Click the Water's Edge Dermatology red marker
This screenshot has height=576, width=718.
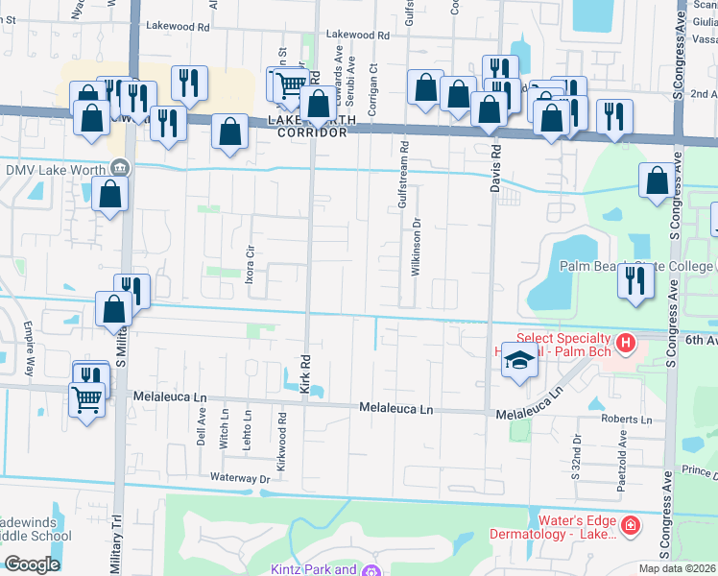click(630, 525)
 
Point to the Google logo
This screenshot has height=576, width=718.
click(32, 564)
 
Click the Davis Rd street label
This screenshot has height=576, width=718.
click(496, 167)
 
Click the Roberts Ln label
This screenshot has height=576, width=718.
click(626, 420)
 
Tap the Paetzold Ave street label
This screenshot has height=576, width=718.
click(622, 450)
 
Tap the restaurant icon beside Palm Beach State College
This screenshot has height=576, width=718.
click(635, 281)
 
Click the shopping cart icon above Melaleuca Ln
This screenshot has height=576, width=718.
click(86, 398)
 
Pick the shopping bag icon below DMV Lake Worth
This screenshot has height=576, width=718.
click(111, 195)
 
